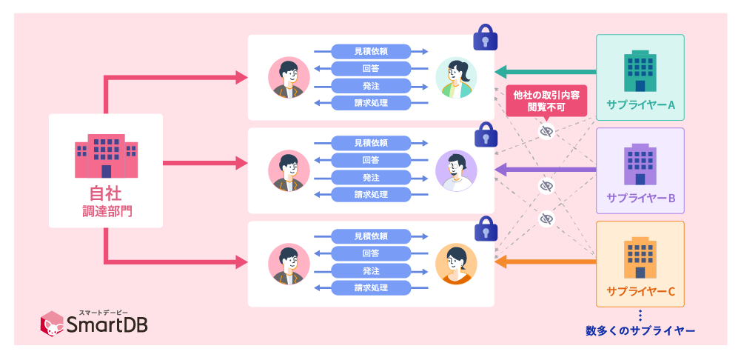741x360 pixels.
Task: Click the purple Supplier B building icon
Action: (640, 164)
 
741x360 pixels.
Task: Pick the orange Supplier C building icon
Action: (640, 257)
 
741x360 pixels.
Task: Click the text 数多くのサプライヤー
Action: (640, 330)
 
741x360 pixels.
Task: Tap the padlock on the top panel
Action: (484, 37)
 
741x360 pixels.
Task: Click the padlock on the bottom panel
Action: (484, 227)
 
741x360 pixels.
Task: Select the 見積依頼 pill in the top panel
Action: (371, 51)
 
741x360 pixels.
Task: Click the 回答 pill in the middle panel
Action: (371, 160)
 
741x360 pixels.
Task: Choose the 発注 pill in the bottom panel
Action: (371, 270)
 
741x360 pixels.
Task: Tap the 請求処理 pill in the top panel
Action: (371, 102)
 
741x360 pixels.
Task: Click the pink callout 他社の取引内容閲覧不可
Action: (546, 101)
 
